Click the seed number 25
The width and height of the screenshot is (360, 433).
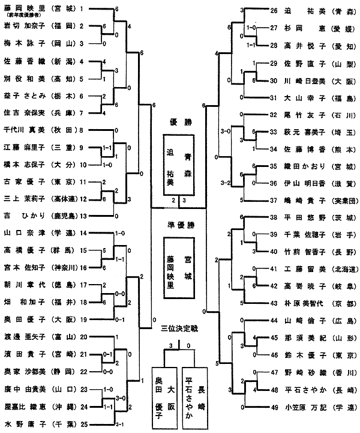[82, 425]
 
